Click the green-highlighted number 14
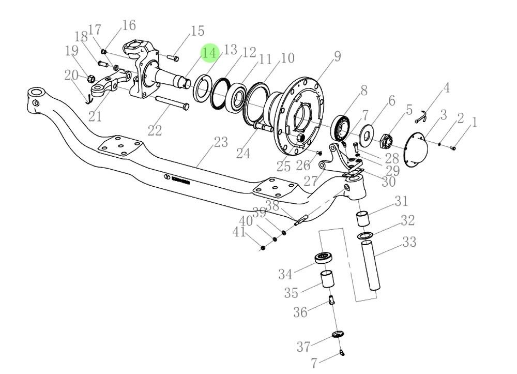[x=210, y=53]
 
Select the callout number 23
[x=221, y=142]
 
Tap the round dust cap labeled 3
[x=416, y=151]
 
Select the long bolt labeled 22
[x=171, y=103]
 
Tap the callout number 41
[x=239, y=233]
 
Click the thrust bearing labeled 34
[x=324, y=258]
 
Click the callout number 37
[x=304, y=346]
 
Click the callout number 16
[x=129, y=25]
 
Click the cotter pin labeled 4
[x=421, y=118]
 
